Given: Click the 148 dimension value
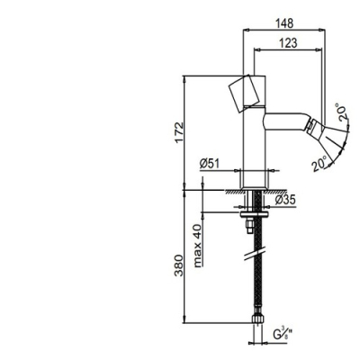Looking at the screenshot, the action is [x=284, y=23].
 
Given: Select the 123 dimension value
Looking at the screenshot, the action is [x=288, y=43].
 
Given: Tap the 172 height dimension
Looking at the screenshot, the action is [x=178, y=132].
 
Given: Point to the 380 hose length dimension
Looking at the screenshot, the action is [x=178, y=265].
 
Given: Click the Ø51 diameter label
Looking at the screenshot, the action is [x=210, y=164].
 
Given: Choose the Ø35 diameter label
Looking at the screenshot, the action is [x=285, y=199].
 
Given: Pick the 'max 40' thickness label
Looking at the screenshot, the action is [x=198, y=246].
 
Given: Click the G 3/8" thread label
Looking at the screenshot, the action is [x=283, y=335].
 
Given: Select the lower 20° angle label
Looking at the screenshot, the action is [x=319, y=163].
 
